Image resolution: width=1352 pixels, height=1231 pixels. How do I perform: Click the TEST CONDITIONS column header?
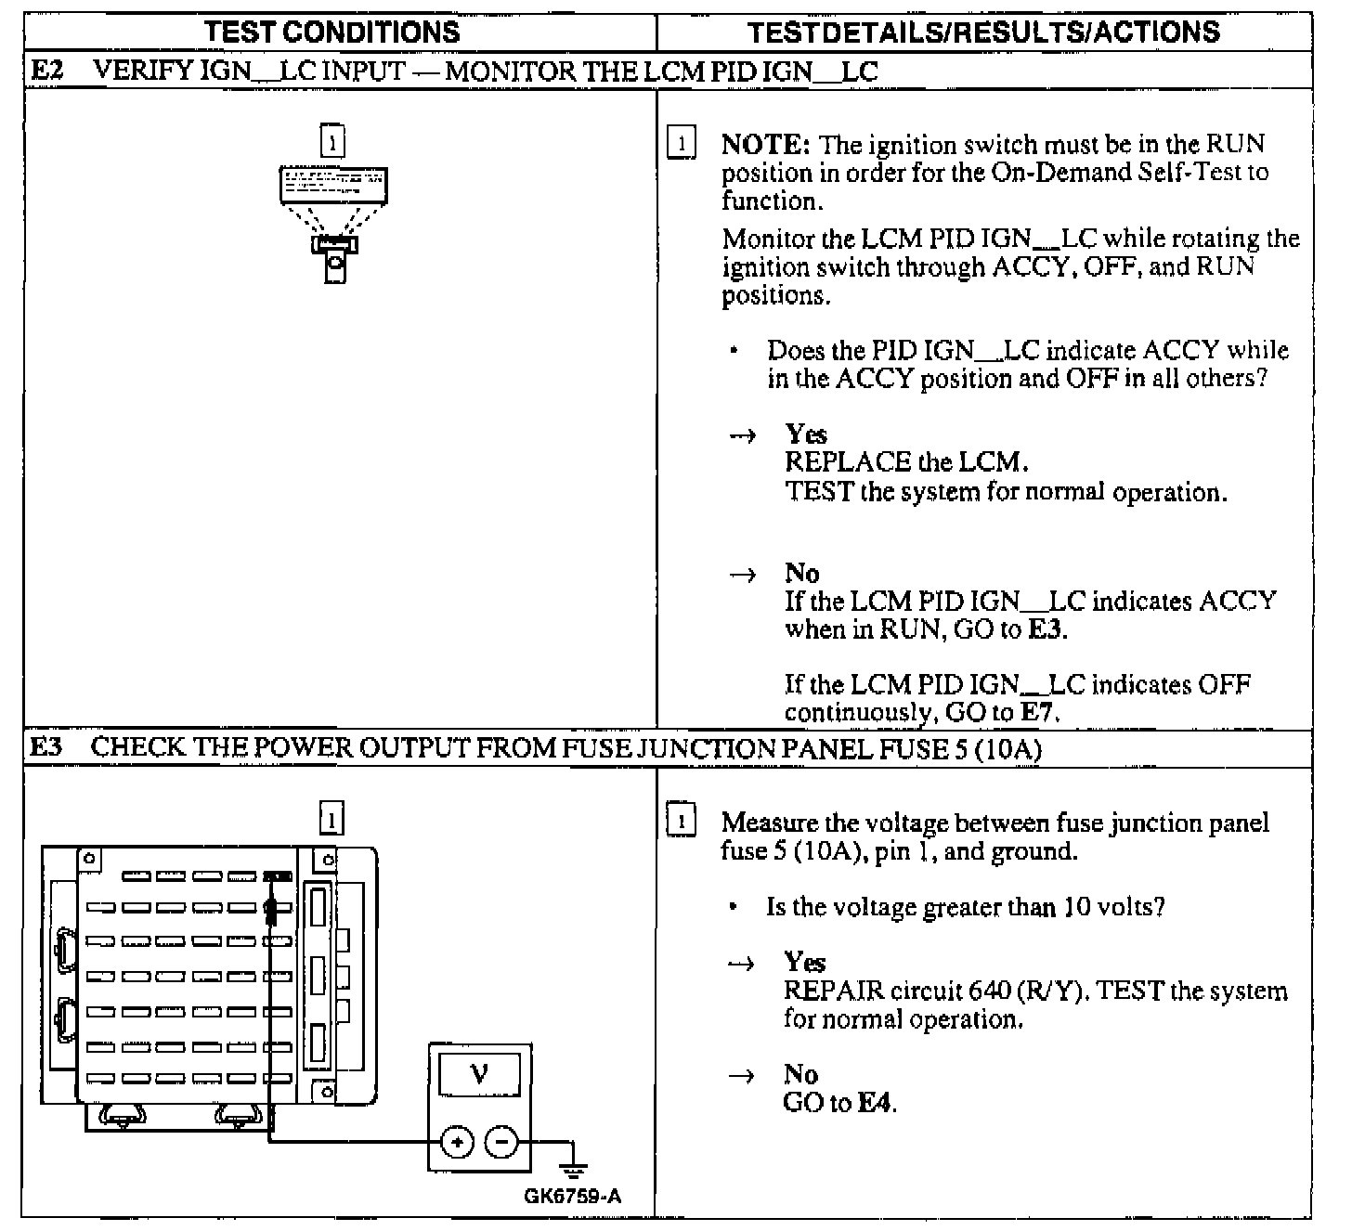tap(331, 32)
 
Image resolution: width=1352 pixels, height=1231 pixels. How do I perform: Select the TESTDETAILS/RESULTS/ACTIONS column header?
tap(983, 32)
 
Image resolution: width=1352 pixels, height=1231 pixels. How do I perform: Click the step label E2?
tap(46, 71)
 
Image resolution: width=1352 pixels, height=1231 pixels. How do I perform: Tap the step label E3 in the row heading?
tap(46, 747)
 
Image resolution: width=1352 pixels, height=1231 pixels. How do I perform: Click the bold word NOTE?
tap(766, 145)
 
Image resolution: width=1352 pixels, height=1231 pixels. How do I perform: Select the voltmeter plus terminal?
tap(457, 1141)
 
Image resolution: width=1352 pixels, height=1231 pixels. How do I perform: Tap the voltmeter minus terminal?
tap(502, 1141)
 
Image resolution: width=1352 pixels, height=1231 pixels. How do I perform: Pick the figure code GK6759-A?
tap(573, 1196)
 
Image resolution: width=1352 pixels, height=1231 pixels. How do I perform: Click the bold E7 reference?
tap(1039, 713)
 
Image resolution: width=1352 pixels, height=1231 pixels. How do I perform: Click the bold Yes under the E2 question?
tap(806, 434)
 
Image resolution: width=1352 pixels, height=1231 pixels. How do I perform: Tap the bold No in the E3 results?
tap(800, 1074)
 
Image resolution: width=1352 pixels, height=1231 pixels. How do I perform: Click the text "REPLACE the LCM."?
tap(906, 462)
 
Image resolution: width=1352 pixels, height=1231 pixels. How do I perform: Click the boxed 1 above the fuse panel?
tap(331, 819)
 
